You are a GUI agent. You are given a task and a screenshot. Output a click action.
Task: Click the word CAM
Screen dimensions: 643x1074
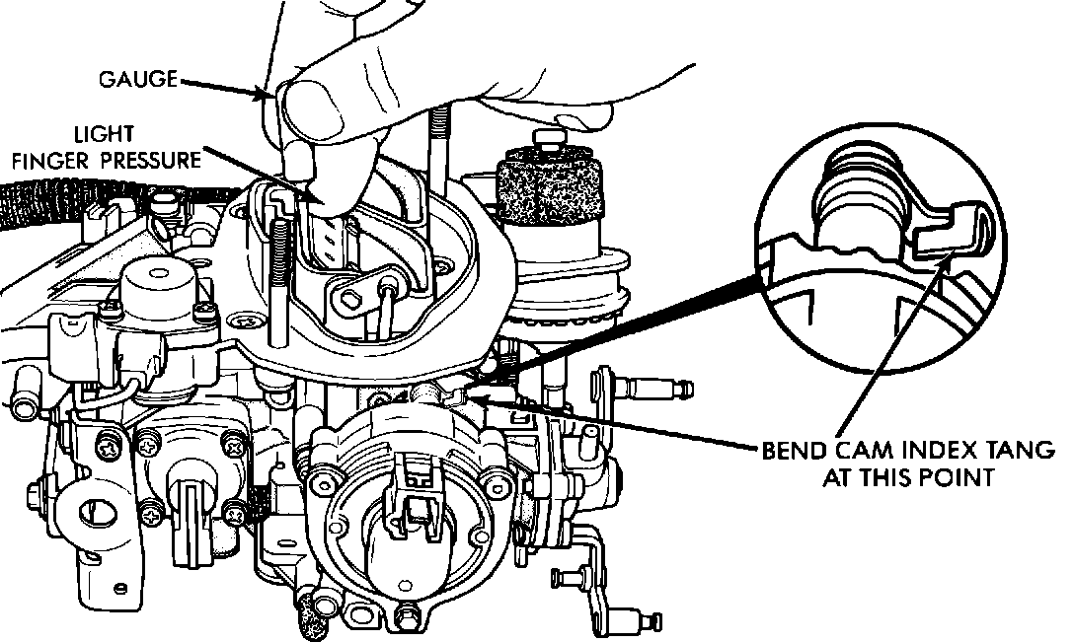(x=856, y=454)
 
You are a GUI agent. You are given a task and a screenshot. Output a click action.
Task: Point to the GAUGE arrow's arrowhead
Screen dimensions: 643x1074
(x=268, y=96)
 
